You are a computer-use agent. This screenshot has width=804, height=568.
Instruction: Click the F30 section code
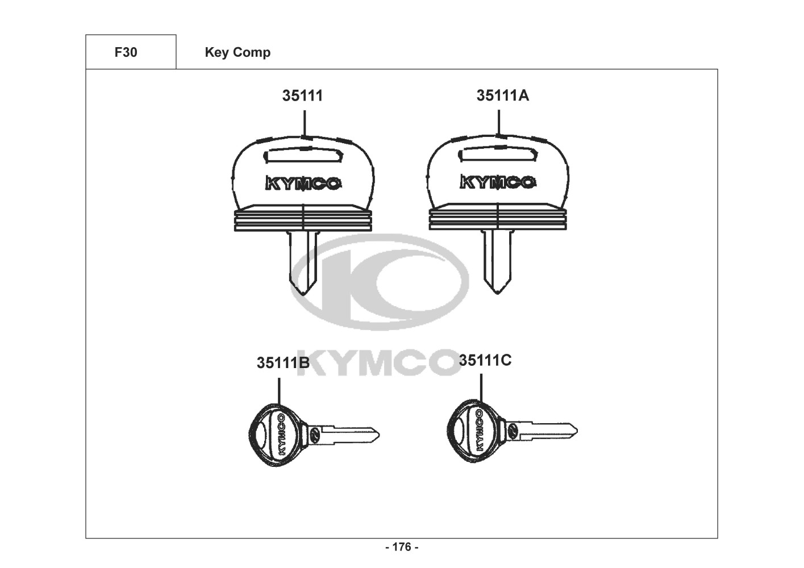point(126,52)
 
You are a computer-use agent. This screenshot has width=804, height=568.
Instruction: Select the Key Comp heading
point(238,53)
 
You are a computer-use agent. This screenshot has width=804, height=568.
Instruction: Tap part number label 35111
point(302,95)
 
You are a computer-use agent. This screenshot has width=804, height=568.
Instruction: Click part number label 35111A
point(502,95)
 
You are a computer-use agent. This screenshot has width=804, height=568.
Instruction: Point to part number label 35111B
point(283,363)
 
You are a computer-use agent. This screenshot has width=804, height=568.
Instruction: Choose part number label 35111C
point(485,360)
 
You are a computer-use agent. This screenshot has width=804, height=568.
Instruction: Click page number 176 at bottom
point(402,547)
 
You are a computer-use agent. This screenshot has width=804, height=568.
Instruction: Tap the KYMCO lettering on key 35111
point(303,183)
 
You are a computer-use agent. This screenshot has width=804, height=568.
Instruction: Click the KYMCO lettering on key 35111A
point(498,182)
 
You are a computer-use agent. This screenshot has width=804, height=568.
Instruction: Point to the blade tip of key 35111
point(303,295)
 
